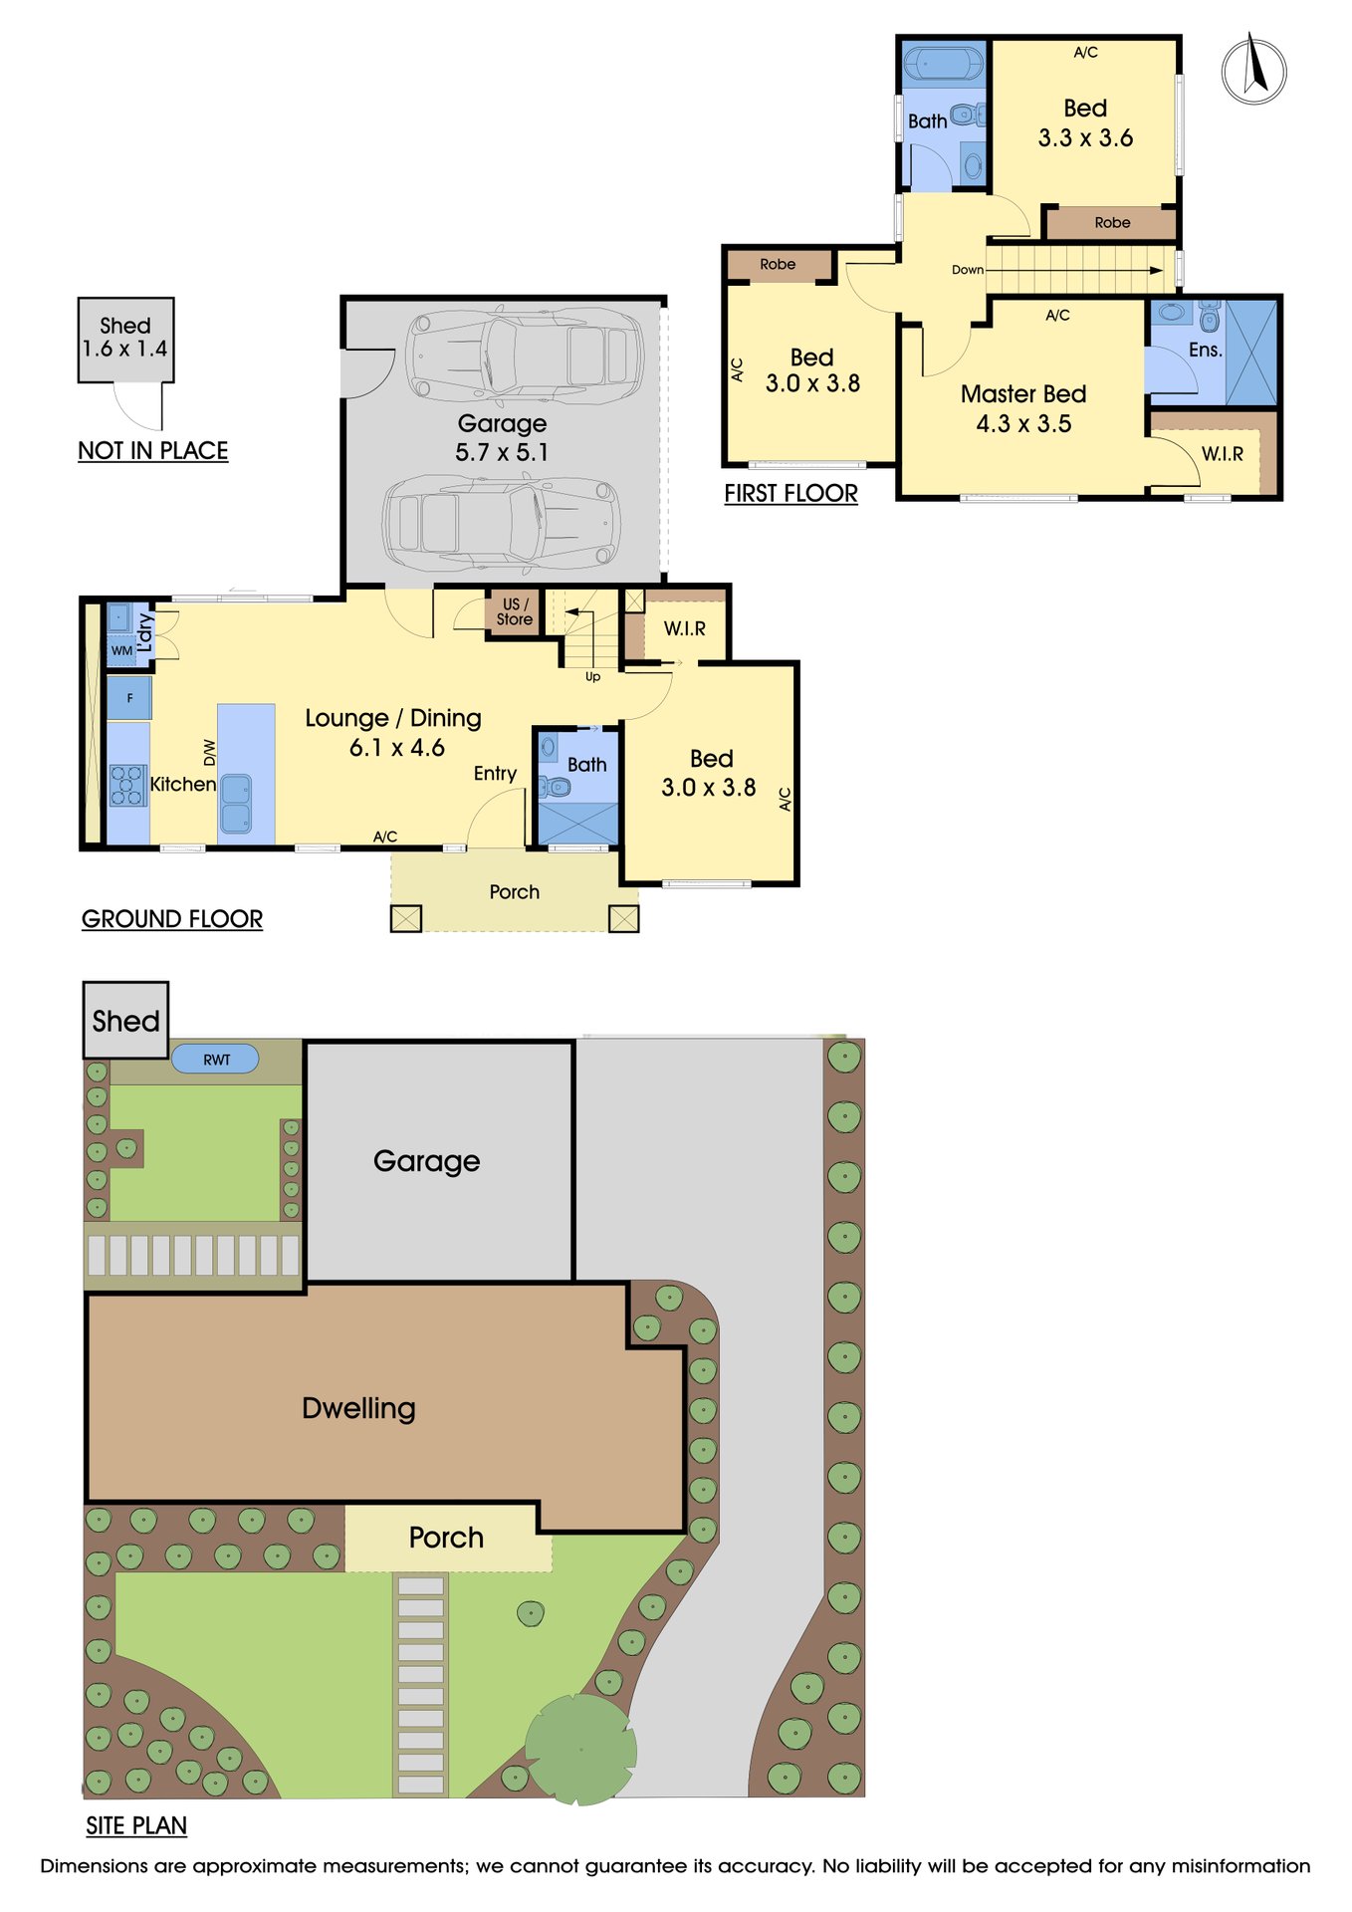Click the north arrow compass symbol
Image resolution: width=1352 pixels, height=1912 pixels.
1253,69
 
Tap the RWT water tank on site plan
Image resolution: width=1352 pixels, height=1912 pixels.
216,1059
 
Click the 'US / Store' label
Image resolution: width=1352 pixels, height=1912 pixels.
515,611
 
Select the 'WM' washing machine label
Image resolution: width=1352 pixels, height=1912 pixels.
121,650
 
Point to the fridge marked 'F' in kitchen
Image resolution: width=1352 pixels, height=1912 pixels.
129,698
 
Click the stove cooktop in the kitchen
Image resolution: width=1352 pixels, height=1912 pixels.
127,785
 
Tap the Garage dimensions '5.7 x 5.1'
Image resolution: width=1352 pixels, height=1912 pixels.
502,452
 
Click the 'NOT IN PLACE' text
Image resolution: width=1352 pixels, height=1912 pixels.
153,451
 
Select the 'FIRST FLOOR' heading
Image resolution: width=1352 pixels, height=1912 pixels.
790,494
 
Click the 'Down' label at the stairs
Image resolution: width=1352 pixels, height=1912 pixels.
967,270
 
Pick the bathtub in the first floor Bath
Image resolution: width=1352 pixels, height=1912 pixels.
942,63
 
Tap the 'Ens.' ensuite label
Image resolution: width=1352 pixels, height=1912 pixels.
1205,350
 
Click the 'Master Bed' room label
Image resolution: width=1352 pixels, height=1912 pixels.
1023,394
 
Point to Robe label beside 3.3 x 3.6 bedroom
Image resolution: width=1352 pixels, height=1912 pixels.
1112,223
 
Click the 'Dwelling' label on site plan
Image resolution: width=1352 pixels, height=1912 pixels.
358,1408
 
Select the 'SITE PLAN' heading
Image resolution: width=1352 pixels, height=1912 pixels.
136,1825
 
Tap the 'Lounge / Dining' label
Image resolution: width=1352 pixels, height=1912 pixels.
393,718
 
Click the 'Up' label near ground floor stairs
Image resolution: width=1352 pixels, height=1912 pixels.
592,677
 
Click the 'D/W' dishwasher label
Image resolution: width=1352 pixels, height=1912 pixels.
209,752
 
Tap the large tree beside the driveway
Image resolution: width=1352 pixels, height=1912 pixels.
580,1749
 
